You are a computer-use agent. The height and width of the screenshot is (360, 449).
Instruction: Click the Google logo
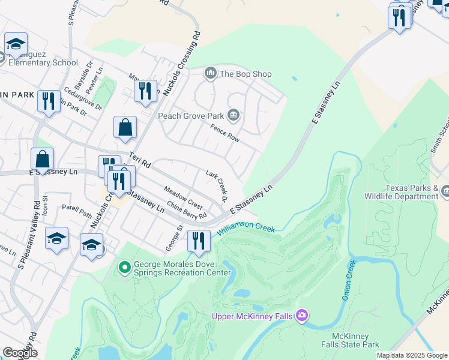coord(20,353)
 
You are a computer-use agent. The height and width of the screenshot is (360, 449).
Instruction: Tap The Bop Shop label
coord(246,74)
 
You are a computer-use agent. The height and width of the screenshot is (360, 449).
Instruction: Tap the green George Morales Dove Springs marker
coord(125,267)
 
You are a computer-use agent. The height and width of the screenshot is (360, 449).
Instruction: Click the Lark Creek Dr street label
coord(217,186)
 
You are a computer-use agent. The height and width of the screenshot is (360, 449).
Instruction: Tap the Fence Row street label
coord(225,133)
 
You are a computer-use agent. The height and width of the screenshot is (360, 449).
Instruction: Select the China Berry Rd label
coord(187,211)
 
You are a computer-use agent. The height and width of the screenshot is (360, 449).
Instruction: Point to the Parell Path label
coord(77,211)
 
